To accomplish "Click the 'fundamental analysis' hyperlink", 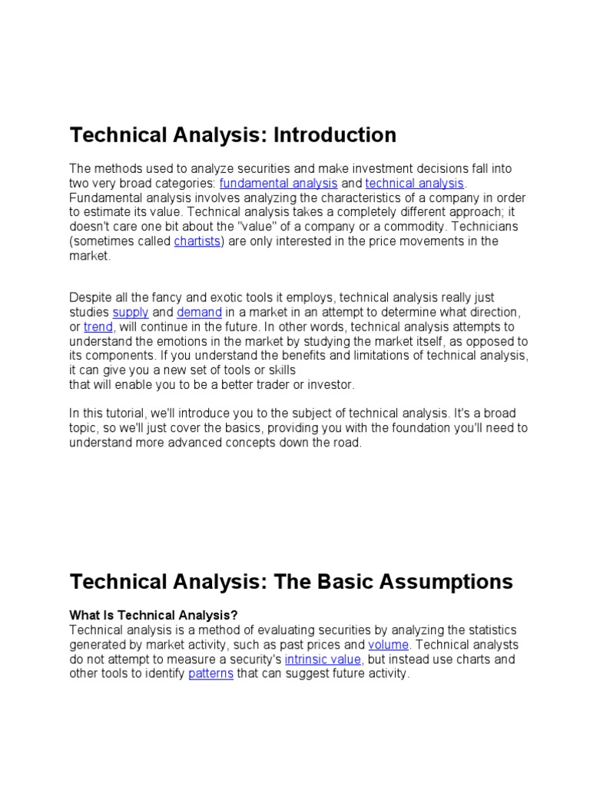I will point(278,183).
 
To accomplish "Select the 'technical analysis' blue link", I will point(415,183).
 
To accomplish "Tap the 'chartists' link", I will point(197,241).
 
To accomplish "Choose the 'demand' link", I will point(199,312).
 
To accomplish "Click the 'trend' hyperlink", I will point(98,327).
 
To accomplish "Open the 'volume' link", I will point(388,644).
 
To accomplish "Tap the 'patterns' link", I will point(210,674).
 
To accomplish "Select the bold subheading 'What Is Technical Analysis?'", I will point(154,615).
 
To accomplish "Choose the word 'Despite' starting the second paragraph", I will point(90,297).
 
